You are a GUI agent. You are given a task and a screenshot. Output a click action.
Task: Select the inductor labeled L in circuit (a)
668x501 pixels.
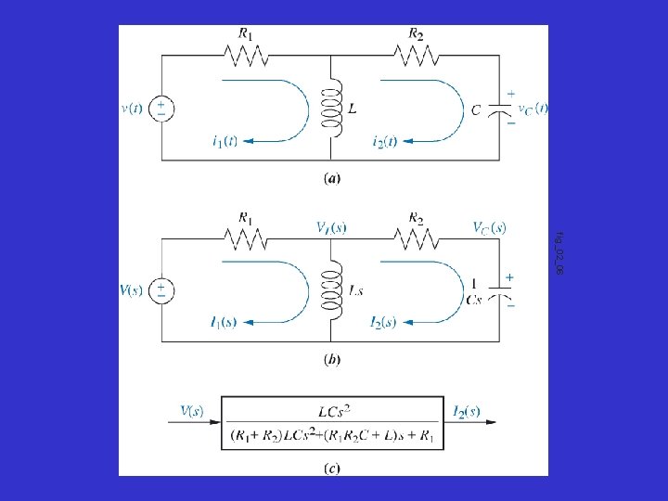[328, 109]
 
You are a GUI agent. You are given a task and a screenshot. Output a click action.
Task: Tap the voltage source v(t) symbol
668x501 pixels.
[162, 108]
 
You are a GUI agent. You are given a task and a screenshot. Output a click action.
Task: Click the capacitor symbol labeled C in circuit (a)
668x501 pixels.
[506, 109]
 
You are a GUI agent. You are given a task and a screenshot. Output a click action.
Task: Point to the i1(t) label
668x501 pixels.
[225, 141]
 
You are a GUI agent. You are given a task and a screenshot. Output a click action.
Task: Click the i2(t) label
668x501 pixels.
[384, 141]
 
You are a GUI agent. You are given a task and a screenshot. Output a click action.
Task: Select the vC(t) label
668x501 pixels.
[533, 108]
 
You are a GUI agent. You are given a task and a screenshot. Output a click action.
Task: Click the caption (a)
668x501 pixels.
[331, 180]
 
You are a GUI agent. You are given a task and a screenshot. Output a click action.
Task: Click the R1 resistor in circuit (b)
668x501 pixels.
[246, 239]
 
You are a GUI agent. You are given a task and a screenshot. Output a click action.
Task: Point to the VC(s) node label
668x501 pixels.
[489, 226]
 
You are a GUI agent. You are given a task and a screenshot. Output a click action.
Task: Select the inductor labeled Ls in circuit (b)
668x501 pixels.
[328, 290]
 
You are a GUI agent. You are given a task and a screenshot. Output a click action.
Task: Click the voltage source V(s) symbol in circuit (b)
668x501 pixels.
[162, 290]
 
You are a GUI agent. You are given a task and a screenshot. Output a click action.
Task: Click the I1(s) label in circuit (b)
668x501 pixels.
[224, 323]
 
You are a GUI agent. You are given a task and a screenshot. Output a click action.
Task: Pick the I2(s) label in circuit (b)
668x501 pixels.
[383, 323]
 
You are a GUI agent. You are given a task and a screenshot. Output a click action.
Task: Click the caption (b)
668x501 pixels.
[331, 358]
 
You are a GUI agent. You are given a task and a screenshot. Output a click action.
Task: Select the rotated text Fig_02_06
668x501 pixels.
[559, 250]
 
